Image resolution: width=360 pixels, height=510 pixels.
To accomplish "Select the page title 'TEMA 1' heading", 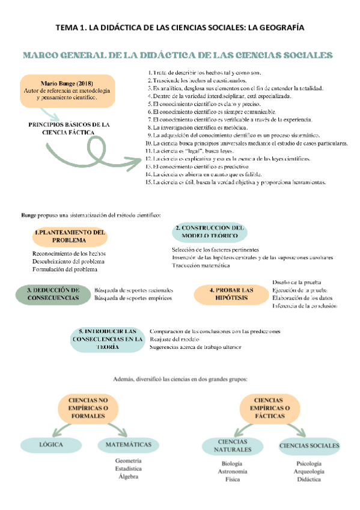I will tap(180, 28).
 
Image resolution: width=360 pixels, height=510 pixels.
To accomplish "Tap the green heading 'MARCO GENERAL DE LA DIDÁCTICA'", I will tap(177, 55).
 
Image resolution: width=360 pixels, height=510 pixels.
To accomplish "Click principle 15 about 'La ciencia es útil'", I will tap(239, 182).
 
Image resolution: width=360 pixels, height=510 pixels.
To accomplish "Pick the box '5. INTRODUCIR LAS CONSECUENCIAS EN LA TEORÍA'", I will tap(108, 339).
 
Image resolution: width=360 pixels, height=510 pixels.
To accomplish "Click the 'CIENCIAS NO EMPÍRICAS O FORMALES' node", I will tap(88, 408).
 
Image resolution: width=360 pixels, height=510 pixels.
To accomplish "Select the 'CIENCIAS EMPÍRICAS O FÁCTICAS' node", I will tap(269, 408).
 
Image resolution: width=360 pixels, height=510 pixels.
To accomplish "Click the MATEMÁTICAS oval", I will tap(128, 445).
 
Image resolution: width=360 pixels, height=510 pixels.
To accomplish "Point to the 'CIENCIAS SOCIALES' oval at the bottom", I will tap(308, 445).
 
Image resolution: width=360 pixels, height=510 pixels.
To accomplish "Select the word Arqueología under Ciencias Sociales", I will tap(308, 472).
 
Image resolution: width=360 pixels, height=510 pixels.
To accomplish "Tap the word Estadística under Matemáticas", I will tap(128, 468).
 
